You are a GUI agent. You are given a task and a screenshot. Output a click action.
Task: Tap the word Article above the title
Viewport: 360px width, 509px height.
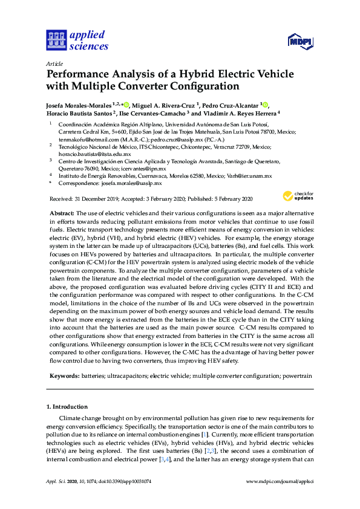coord(54,63)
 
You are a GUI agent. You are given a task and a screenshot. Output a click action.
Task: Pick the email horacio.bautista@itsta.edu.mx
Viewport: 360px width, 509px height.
coord(94,154)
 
